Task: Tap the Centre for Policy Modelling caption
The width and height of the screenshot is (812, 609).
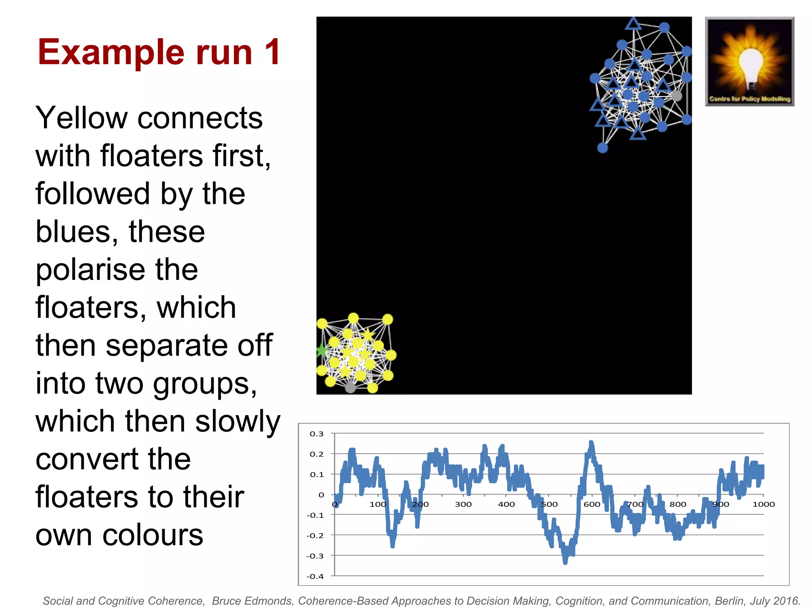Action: [x=750, y=99]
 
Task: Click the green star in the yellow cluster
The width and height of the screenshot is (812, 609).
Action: [x=322, y=350]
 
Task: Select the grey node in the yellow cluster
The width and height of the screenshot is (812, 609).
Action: [x=350, y=387]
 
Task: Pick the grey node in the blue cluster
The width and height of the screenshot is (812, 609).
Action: [x=676, y=96]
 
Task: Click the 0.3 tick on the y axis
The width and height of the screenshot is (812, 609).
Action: [x=316, y=434]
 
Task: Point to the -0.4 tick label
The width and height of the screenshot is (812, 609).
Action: [x=315, y=576]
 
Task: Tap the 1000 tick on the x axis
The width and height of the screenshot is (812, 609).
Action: [x=763, y=504]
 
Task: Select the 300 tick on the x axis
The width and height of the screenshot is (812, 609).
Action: [x=463, y=504]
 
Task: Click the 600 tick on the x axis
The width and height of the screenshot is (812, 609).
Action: [x=592, y=504]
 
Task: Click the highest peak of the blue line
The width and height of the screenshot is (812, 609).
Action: [x=591, y=442]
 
